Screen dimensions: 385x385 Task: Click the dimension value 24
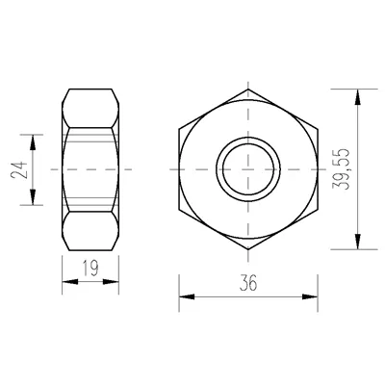tap(18, 170)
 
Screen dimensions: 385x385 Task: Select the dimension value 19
tap(90, 269)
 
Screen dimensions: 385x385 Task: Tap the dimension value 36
tap(248, 283)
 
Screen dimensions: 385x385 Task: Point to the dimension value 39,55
tap(340, 169)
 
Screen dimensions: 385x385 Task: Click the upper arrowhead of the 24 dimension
tap(33, 142)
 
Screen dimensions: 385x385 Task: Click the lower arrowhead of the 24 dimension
tap(33, 197)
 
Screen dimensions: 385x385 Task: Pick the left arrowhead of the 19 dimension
tap(70, 282)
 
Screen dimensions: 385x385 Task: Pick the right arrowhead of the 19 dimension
tap(111, 282)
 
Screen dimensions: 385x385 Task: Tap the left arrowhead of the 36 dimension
tap(187, 296)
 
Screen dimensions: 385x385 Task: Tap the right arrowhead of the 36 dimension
tap(310, 296)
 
